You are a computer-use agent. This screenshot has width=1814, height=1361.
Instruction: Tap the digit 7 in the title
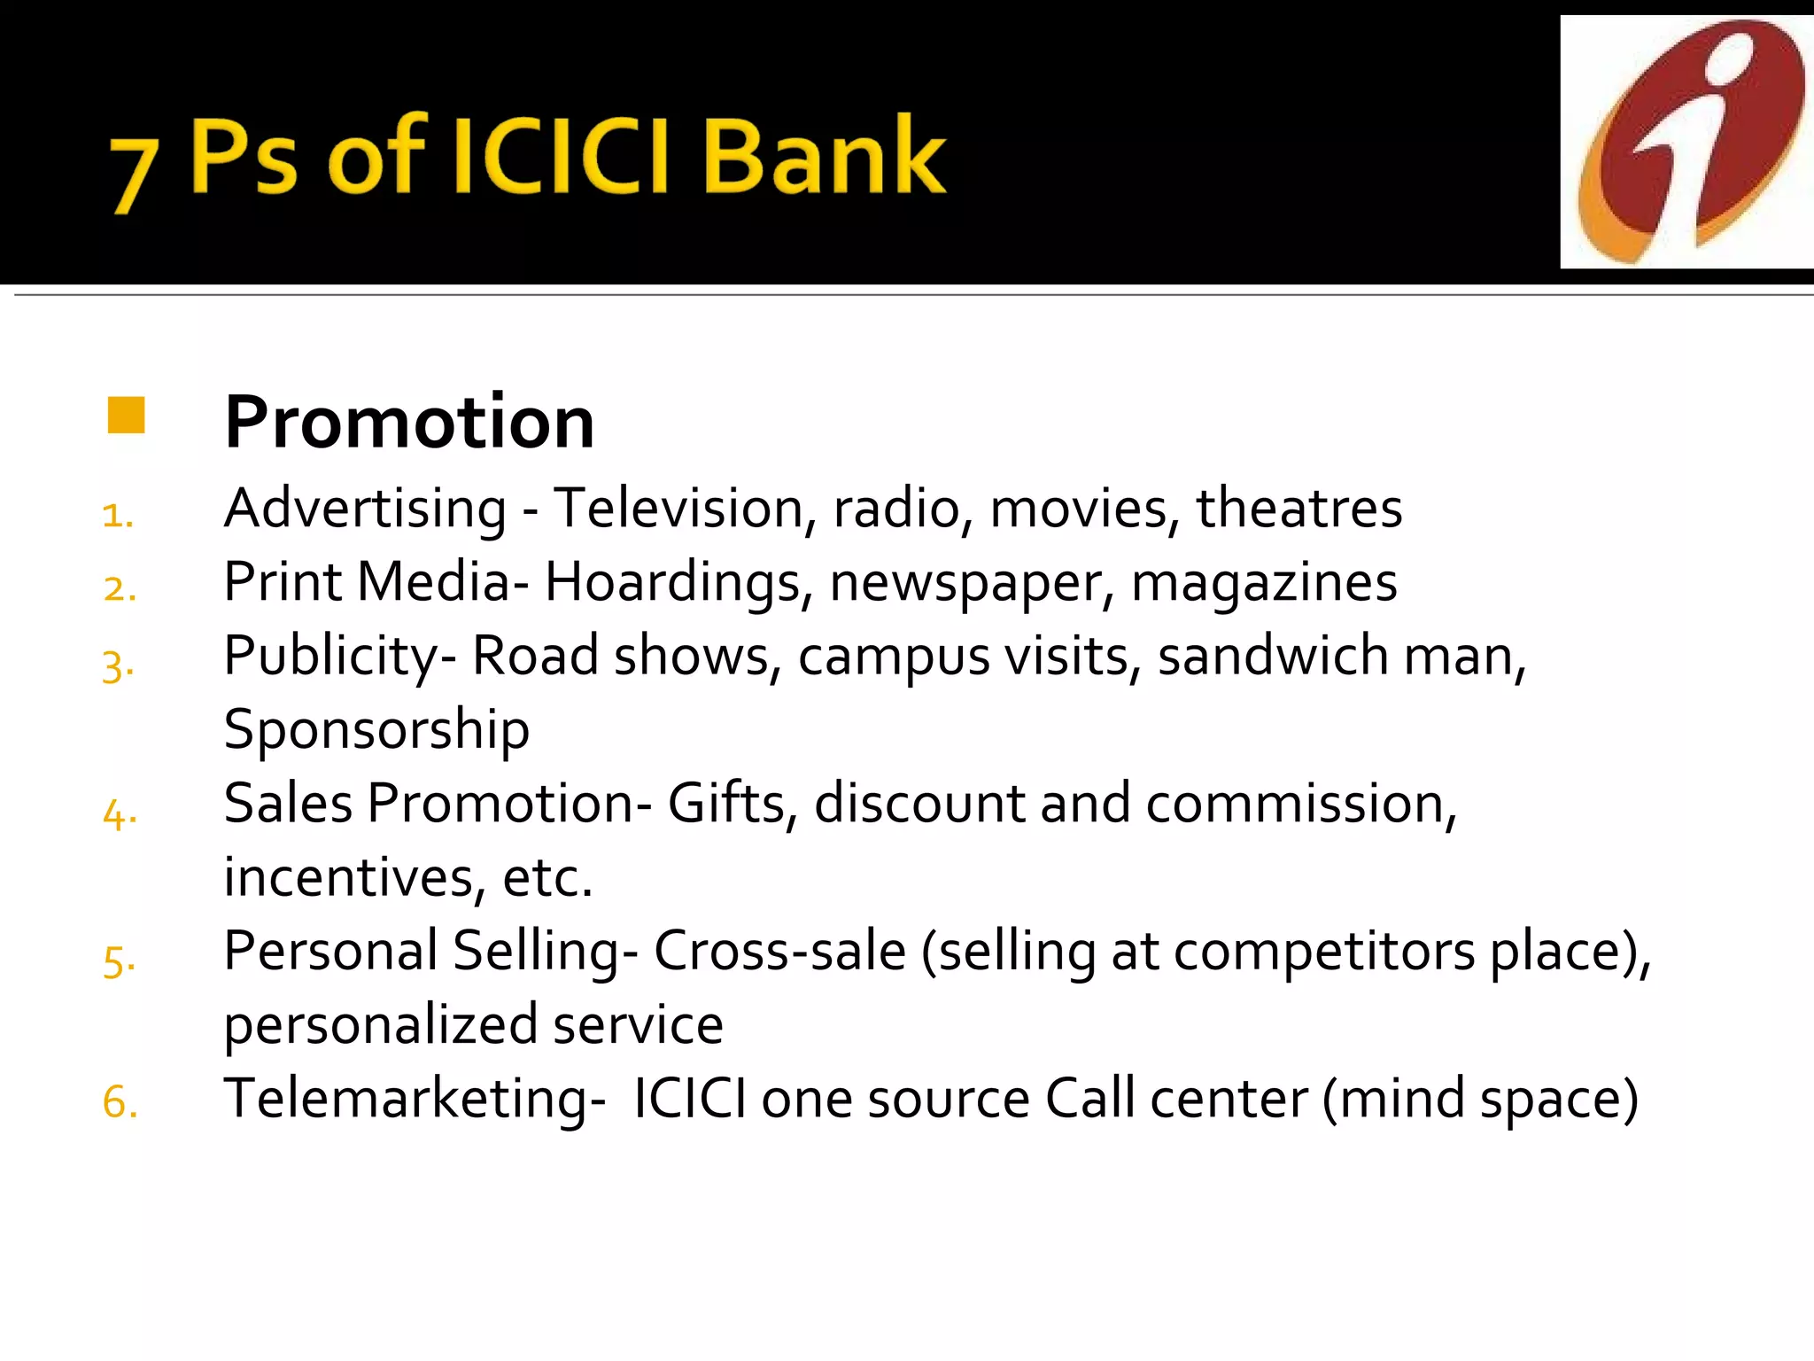[x=133, y=174]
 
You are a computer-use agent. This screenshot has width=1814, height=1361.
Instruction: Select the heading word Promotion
[x=409, y=423]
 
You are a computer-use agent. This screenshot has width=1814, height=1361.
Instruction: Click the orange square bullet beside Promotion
[x=126, y=415]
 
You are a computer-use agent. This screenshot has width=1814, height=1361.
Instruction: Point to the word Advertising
[x=365, y=509]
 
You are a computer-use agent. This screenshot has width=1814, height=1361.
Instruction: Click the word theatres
[x=1298, y=509]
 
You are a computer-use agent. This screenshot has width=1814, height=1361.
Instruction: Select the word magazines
[x=1264, y=583]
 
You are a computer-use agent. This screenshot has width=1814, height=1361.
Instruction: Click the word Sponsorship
[x=376, y=731]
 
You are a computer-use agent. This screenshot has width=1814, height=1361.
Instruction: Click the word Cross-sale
[x=780, y=952]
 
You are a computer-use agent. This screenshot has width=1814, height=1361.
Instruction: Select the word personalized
[x=381, y=1025]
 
